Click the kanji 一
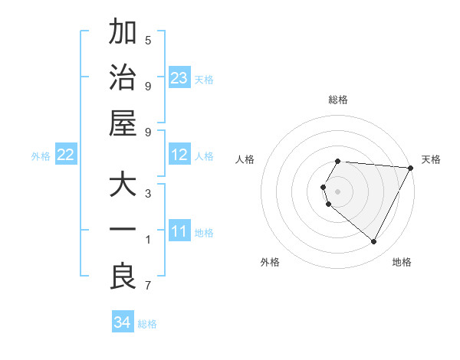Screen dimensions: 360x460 pyautogui.click(x=123, y=231)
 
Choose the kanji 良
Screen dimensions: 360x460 pyautogui.click(x=123, y=277)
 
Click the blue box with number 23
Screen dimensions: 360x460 pyautogui.click(x=179, y=78)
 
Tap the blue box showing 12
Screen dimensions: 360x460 pyautogui.click(x=179, y=155)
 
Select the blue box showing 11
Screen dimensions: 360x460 pyautogui.click(x=179, y=231)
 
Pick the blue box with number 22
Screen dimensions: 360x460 pyautogui.click(x=66, y=155)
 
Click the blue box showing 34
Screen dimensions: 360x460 pyautogui.click(x=123, y=322)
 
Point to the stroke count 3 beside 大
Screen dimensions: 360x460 pyautogui.click(x=148, y=193)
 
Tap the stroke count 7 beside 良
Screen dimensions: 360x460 pyautogui.click(x=148, y=286)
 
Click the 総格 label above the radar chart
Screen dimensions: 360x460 pyautogui.click(x=338, y=100)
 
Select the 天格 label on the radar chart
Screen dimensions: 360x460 pyautogui.click(x=432, y=159)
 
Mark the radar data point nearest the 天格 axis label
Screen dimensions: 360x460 pyautogui.click(x=411, y=168)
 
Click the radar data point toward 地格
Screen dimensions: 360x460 pyautogui.click(x=373, y=241)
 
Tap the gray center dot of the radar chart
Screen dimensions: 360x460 pyautogui.click(x=338, y=191)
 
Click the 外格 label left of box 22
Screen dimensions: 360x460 pyautogui.click(x=41, y=156)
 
